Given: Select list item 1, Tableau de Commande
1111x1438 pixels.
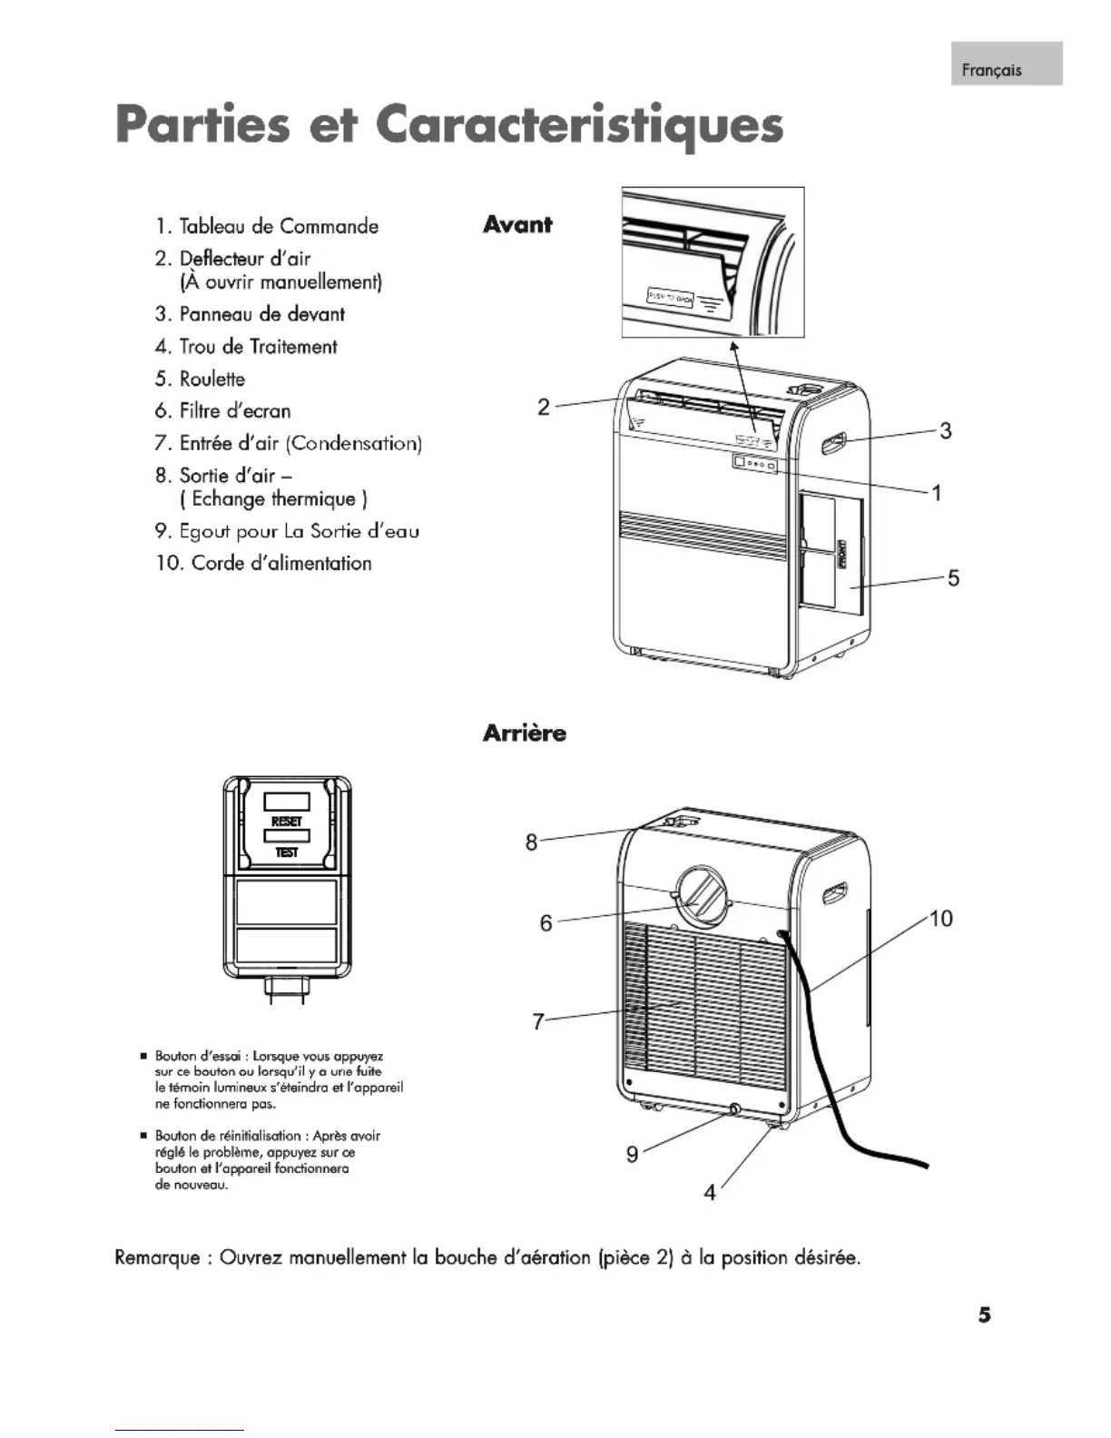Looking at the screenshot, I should click(x=267, y=226).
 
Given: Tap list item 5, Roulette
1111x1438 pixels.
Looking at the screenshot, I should click(x=201, y=379).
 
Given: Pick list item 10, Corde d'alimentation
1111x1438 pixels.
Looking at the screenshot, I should click(x=264, y=563).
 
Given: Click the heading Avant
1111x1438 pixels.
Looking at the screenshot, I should click(x=517, y=224).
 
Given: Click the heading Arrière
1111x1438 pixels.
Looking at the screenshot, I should click(x=525, y=734).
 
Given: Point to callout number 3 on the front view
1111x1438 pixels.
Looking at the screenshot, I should click(x=945, y=430).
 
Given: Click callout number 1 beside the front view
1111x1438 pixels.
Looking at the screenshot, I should click(x=937, y=493).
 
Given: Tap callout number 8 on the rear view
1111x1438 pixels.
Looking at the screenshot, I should click(x=532, y=842).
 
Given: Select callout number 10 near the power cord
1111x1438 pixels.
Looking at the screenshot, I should click(x=941, y=919).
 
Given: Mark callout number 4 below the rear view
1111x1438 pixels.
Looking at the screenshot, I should click(x=710, y=1192).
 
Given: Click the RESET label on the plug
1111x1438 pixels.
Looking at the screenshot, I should click(x=287, y=821).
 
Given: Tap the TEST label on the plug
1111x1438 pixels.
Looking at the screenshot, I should click(x=287, y=852).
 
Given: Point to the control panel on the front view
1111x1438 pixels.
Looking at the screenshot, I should click(x=755, y=464).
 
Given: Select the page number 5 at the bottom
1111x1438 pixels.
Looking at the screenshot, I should click(x=985, y=1315).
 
